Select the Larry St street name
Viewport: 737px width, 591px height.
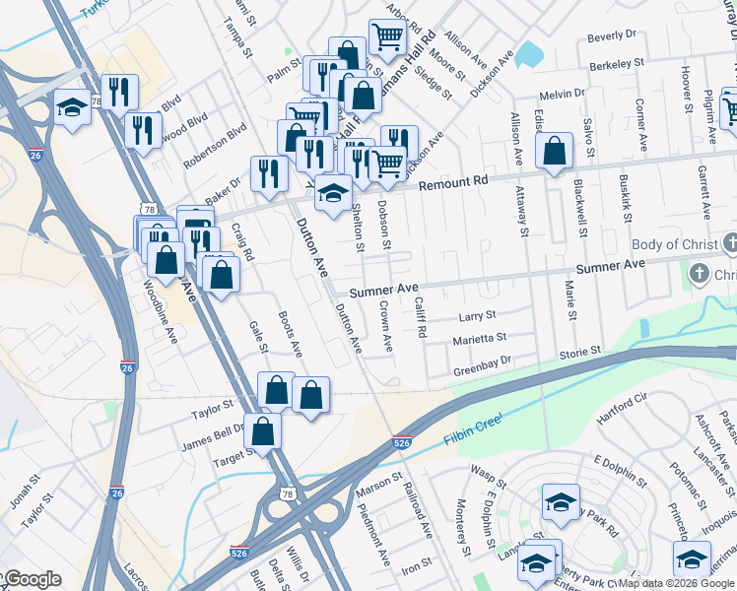(477, 316)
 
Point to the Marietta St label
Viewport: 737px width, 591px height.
(479, 339)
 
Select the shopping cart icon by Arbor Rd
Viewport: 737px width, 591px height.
(387, 37)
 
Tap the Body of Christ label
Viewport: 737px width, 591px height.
(673, 243)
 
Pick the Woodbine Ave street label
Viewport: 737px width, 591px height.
(159, 311)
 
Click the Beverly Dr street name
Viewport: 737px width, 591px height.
(612, 36)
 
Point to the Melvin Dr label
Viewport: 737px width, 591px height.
(563, 95)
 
